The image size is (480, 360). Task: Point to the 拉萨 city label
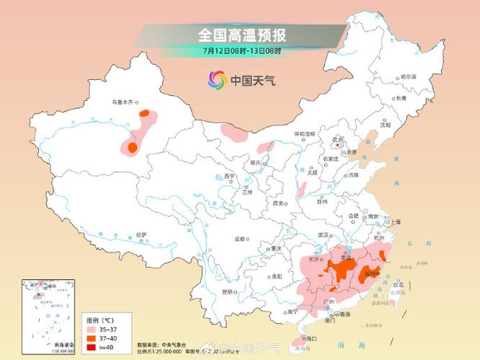(141, 234)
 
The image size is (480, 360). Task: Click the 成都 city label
(239, 239)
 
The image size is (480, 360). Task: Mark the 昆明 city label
(227, 292)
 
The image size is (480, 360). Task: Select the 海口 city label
(311, 338)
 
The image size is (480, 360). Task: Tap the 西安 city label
(279, 204)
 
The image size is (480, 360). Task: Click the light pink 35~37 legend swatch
(92, 328)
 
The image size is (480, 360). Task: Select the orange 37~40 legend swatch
(92, 337)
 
